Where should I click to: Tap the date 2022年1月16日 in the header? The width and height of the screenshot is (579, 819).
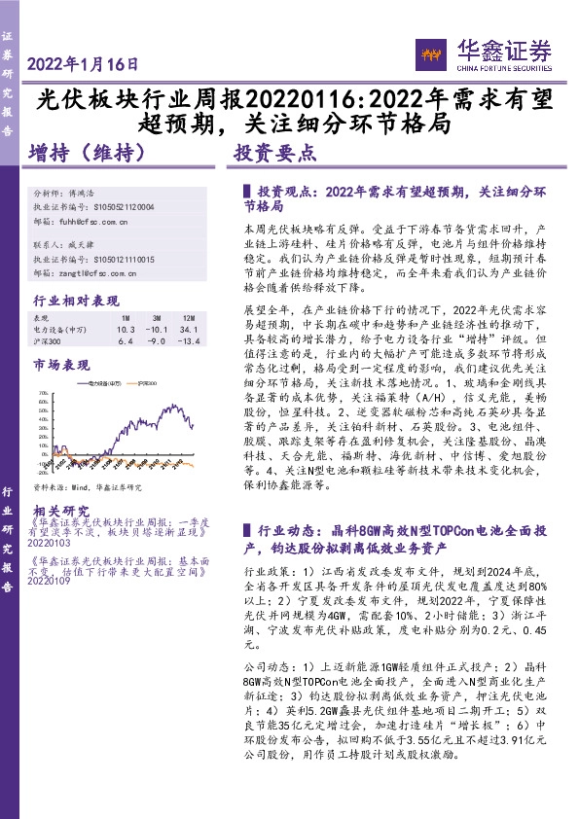(84, 65)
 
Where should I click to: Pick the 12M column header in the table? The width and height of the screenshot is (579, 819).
(188, 318)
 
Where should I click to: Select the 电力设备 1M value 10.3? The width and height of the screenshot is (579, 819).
(126, 330)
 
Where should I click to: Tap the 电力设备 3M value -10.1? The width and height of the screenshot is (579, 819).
(156, 330)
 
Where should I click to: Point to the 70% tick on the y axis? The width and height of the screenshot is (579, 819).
(43, 395)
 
